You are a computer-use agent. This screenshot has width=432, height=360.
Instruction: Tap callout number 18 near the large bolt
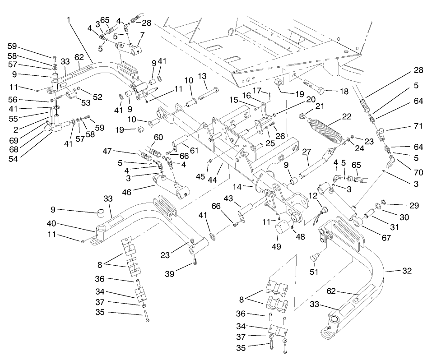click(x=344, y=92)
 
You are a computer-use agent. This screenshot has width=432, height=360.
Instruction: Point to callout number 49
click(x=276, y=247)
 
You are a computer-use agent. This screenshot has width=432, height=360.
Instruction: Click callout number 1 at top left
click(x=68, y=20)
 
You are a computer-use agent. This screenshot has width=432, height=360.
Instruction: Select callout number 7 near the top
click(x=142, y=35)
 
